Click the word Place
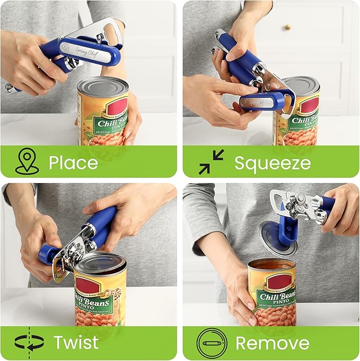tap(73, 162)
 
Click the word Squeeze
tap(273, 162)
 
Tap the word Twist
tap(75, 342)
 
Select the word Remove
tap(272, 342)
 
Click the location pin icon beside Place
tap(27, 161)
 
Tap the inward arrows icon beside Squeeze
tap(211, 162)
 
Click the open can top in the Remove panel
tap(272, 264)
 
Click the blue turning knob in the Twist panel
tap(48, 253)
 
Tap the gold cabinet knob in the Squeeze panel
tap(287, 27)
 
